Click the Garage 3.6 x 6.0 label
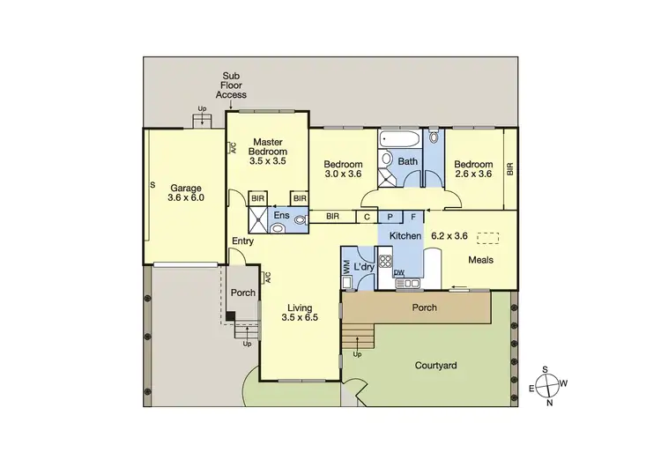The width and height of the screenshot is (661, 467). pyautogui.click(x=186, y=193)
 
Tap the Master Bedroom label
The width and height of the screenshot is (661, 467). pyautogui.click(x=268, y=152)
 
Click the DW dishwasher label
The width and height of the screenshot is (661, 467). pyautogui.click(x=398, y=273)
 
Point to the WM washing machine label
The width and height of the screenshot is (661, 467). pyautogui.click(x=346, y=267)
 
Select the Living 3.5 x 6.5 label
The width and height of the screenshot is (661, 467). pyautogui.click(x=301, y=312)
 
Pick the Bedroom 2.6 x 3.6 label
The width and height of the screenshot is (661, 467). pyautogui.click(x=472, y=168)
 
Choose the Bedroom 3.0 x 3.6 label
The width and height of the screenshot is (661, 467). pyautogui.click(x=343, y=168)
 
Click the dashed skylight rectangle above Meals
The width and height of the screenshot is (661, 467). pyautogui.click(x=486, y=237)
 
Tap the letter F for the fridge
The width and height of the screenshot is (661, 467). pyautogui.click(x=412, y=216)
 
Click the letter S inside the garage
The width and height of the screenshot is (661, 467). pyautogui.click(x=152, y=185)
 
